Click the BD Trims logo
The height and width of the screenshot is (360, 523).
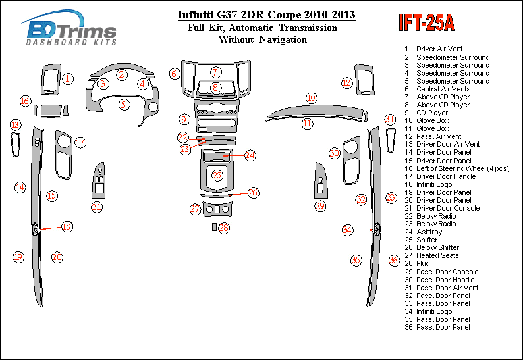click(70, 30)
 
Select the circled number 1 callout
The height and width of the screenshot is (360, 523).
click(68, 79)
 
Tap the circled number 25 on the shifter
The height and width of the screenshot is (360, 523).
click(217, 176)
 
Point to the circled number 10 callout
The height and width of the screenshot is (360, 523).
click(311, 98)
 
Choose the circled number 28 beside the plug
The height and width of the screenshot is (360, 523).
click(224, 228)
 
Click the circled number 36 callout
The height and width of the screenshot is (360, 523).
click(393, 260)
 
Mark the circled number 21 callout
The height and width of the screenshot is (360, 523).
click(97, 207)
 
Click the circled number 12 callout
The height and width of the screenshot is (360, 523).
click(346, 82)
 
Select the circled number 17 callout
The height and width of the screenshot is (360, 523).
click(80, 142)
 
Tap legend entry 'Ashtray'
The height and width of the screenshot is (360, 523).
click(429, 232)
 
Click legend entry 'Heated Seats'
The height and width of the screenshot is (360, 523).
click(437, 255)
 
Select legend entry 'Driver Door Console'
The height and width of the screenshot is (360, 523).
click(448, 208)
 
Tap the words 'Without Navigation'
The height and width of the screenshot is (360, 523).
click(262, 39)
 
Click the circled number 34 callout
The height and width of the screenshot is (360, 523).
click(347, 230)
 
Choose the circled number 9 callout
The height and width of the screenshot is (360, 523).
click(184, 119)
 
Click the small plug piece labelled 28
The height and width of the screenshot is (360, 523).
click(213, 227)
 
